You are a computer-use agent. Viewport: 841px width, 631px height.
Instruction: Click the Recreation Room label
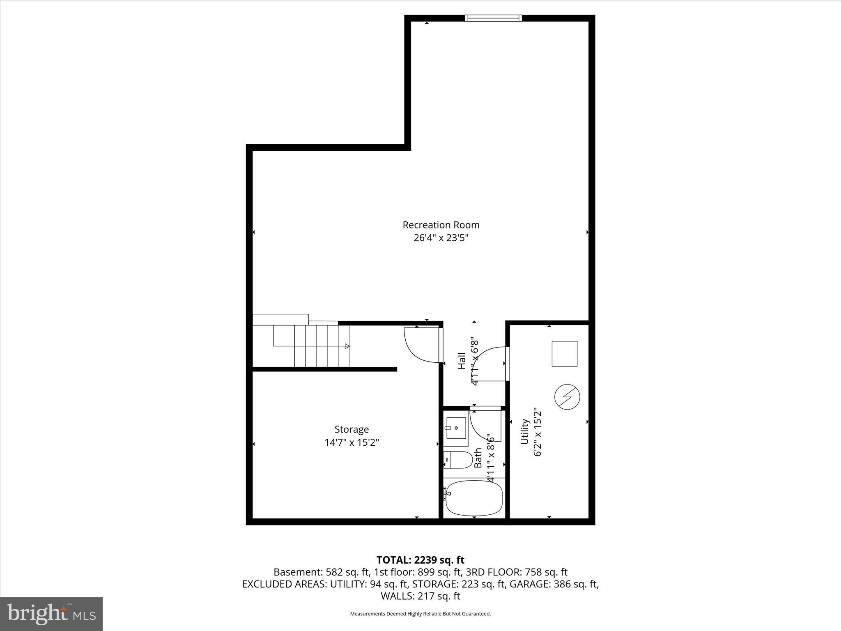point(441,225)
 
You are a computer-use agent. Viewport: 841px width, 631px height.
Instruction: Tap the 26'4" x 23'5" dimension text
point(441,238)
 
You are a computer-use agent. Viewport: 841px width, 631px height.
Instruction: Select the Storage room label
point(352,429)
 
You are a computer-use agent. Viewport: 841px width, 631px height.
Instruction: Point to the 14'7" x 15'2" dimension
point(352,442)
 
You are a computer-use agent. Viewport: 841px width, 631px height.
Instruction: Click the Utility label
point(524,431)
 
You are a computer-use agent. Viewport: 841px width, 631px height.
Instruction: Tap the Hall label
point(462,361)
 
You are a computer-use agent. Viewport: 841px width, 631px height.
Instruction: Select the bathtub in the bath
point(474,498)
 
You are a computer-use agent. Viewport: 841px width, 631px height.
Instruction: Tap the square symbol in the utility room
point(564,354)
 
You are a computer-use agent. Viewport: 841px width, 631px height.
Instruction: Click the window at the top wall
point(493,18)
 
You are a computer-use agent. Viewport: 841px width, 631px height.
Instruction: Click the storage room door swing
point(421,345)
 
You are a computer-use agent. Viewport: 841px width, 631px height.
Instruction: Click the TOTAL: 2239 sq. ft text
point(420,560)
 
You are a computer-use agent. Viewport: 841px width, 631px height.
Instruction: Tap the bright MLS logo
point(51,614)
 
